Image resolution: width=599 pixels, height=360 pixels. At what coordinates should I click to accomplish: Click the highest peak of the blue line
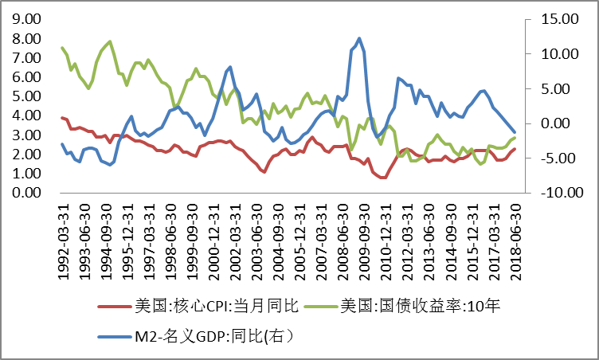point(359,38)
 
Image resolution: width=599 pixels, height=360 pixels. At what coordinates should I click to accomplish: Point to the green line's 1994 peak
point(110,41)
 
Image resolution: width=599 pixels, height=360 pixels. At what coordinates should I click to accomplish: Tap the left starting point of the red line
point(62,118)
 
